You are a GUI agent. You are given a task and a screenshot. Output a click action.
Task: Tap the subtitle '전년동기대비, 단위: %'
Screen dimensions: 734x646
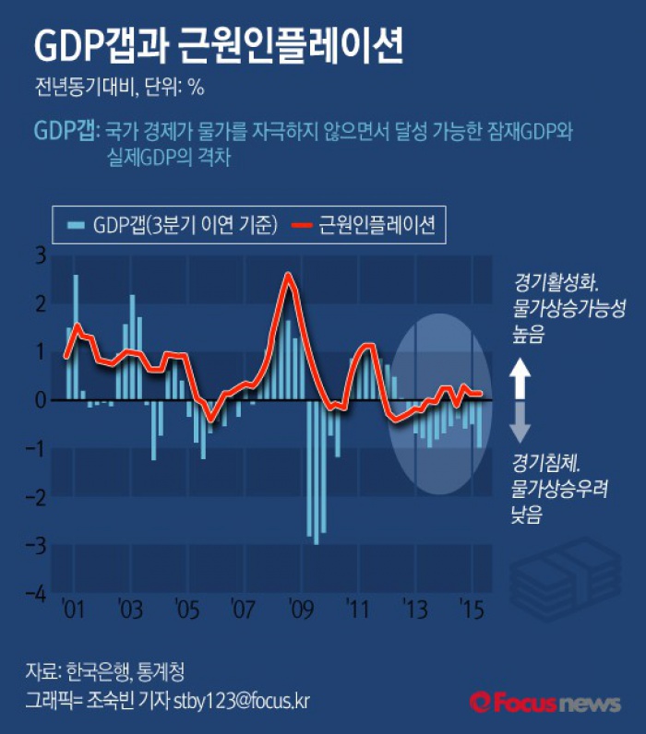point(118,89)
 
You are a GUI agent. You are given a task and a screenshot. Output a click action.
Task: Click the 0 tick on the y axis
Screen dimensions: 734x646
point(38,400)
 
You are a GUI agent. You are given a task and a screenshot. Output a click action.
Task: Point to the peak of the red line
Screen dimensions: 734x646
point(289,275)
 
